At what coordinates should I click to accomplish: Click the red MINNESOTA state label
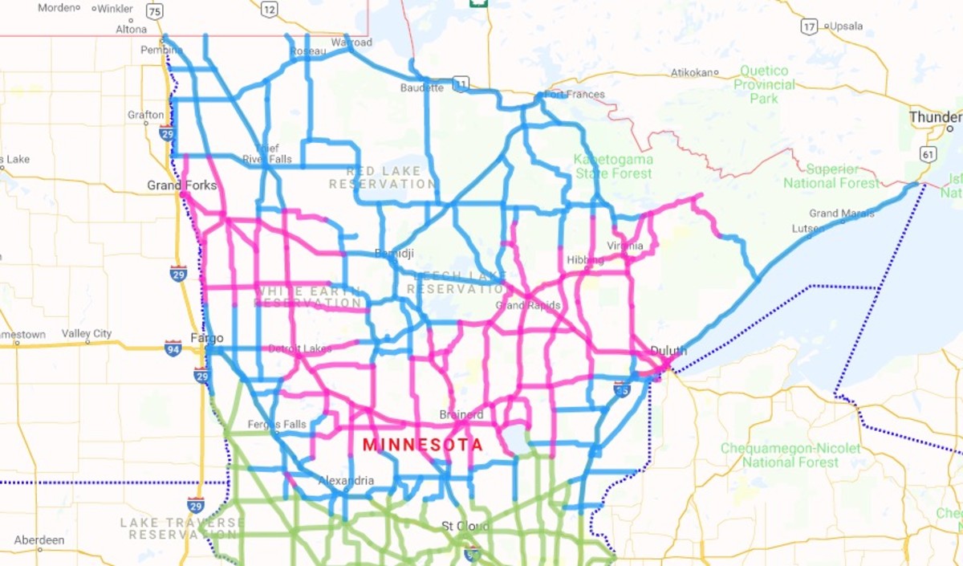click(x=422, y=445)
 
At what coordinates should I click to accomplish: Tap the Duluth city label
click(x=668, y=351)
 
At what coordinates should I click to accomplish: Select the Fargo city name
click(x=206, y=338)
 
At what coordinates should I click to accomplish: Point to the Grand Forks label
click(x=181, y=185)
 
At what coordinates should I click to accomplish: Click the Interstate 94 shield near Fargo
click(x=173, y=348)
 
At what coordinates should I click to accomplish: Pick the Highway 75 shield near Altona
click(x=155, y=10)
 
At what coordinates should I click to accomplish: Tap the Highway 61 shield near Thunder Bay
click(x=928, y=153)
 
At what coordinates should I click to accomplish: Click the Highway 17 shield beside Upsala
click(x=808, y=26)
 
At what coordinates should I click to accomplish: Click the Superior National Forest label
click(x=831, y=177)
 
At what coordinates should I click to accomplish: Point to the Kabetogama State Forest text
click(x=613, y=166)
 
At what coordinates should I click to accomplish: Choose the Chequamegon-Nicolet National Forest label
click(x=790, y=455)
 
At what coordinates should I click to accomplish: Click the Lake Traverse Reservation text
click(x=181, y=528)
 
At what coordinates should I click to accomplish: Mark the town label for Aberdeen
click(x=39, y=540)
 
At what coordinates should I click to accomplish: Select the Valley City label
click(x=87, y=334)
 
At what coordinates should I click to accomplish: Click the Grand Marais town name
click(x=842, y=214)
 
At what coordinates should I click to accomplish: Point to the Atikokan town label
click(x=692, y=73)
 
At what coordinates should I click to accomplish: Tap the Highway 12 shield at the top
click(x=269, y=10)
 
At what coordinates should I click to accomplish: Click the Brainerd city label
click(x=461, y=415)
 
